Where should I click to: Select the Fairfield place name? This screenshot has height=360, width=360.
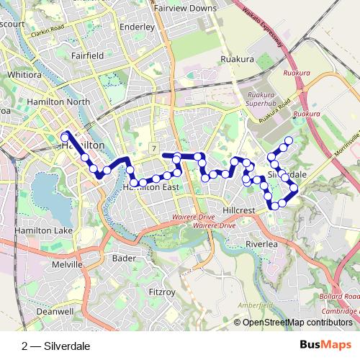87,55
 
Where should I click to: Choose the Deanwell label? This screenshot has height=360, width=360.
35,312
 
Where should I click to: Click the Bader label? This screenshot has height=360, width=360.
125,258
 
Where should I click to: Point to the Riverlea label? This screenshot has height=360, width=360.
261,244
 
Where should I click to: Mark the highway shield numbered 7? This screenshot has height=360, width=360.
154,148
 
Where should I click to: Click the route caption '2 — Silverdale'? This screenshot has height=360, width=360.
56,346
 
